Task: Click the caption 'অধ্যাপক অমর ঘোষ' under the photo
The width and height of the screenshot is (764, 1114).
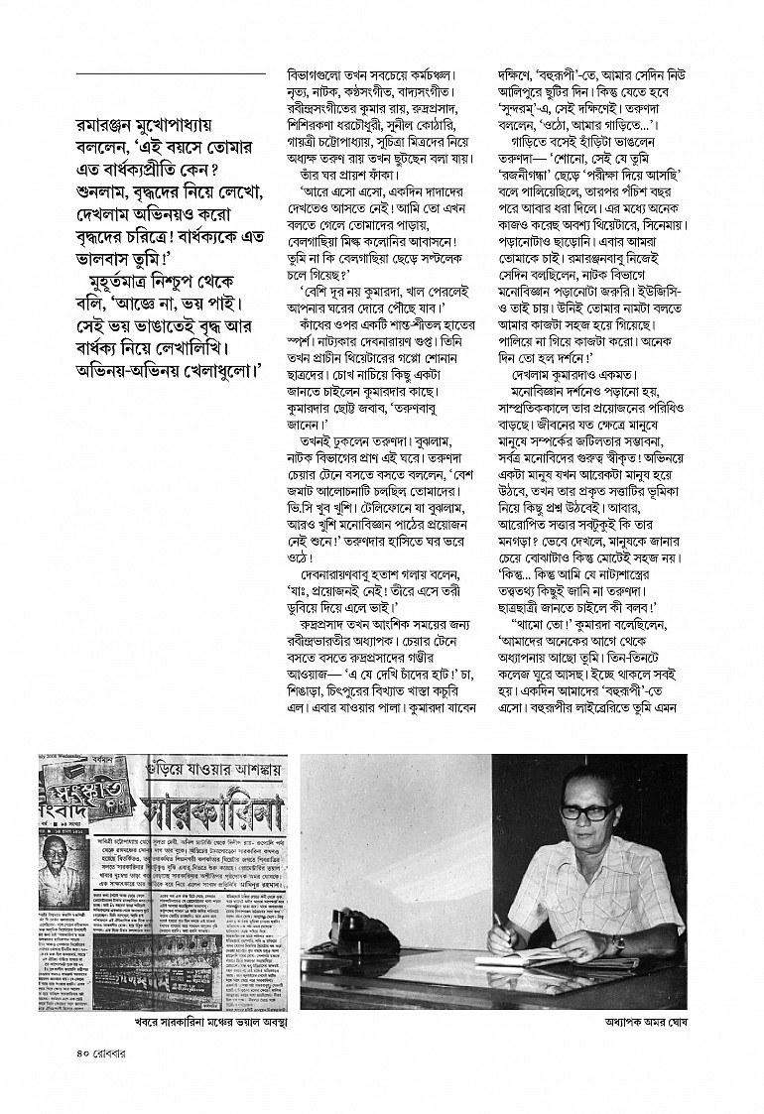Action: point(618,1019)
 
